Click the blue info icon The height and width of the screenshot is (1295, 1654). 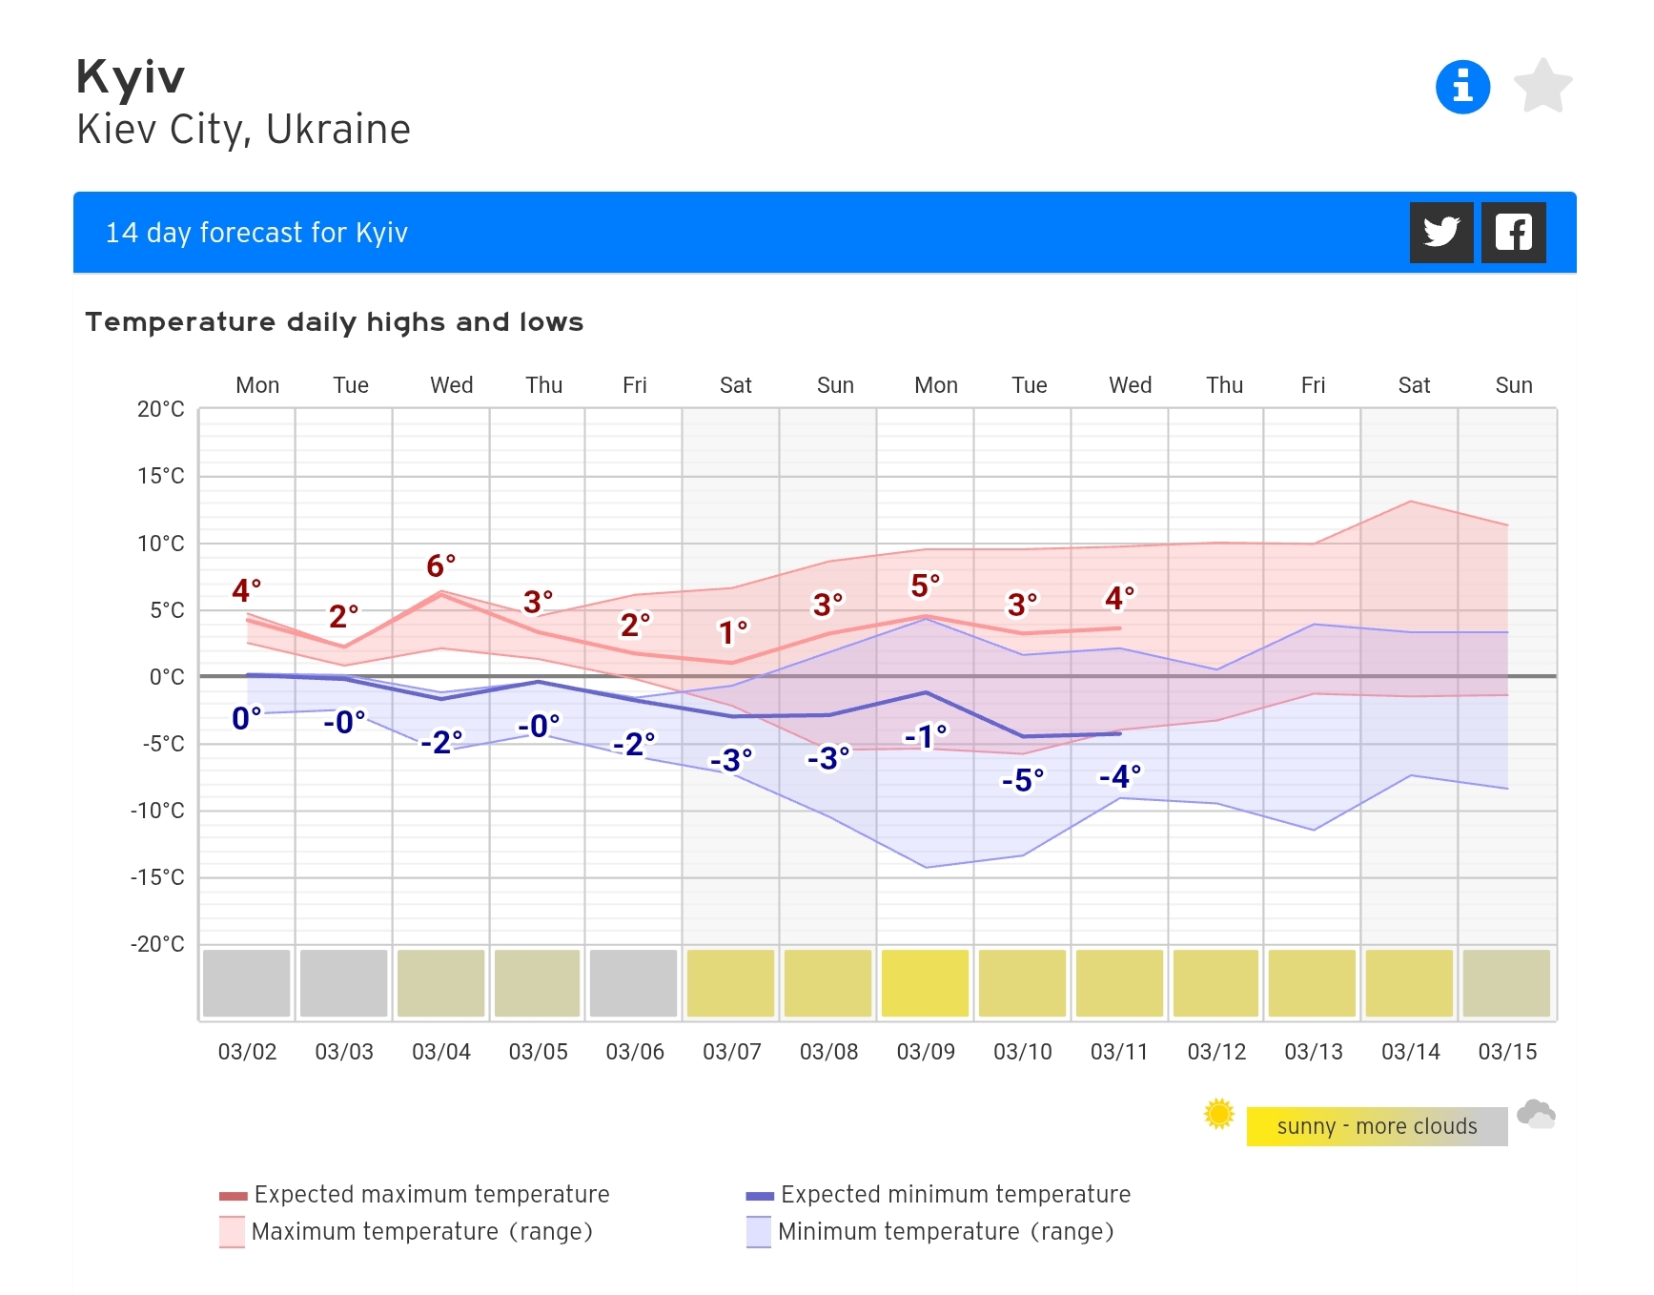pyautogui.click(x=1462, y=87)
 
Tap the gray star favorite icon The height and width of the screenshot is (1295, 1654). pyautogui.click(x=1542, y=87)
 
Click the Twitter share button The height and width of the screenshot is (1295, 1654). pyautogui.click(x=1440, y=232)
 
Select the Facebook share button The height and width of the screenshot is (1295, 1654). pyautogui.click(x=1513, y=232)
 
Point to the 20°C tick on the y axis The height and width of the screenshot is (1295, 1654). pyautogui.click(x=161, y=409)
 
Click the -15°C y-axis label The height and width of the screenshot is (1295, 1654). pyautogui.click(x=158, y=877)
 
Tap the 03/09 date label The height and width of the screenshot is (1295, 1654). pyautogui.click(x=925, y=1052)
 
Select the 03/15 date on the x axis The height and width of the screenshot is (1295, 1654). pyautogui.click(x=1507, y=1052)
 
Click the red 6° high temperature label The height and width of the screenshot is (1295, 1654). pyautogui.click(x=440, y=565)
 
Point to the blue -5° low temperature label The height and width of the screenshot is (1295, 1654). pyautogui.click(x=1022, y=780)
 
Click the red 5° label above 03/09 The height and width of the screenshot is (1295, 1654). pyautogui.click(x=925, y=586)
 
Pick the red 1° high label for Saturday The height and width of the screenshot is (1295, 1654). pyautogui.click(x=732, y=632)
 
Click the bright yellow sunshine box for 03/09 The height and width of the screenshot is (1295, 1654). pyautogui.click(x=925, y=983)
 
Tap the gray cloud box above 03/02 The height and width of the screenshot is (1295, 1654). pyautogui.click(x=247, y=983)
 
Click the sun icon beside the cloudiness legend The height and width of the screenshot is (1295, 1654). pyautogui.click(x=1218, y=1114)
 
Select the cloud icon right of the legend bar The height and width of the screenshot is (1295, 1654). pyautogui.click(x=1536, y=1114)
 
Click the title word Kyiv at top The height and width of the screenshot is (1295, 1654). pyautogui.click(x=131, y=77)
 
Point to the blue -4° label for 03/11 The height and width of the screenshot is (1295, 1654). pyautogui.click(x=1119, y=776)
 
